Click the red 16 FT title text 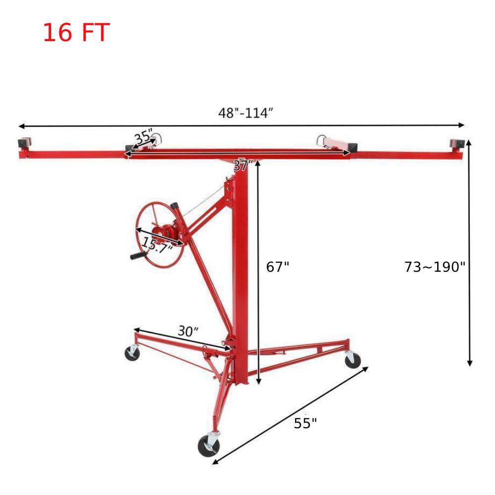(x=76, y=33)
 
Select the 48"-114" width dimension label (x=246, y=113)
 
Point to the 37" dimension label (x=243, y=165)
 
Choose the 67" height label (x=278, y=267)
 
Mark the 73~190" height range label (x=435, y=267)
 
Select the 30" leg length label (x=188, y=331)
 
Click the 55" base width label (x=305, y=423)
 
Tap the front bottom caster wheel (x=208, y=445)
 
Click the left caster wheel (x=132, y=353)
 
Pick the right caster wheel (x=352, y=359)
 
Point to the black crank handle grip (x=140, y=255)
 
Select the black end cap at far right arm (x=456, y=144)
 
